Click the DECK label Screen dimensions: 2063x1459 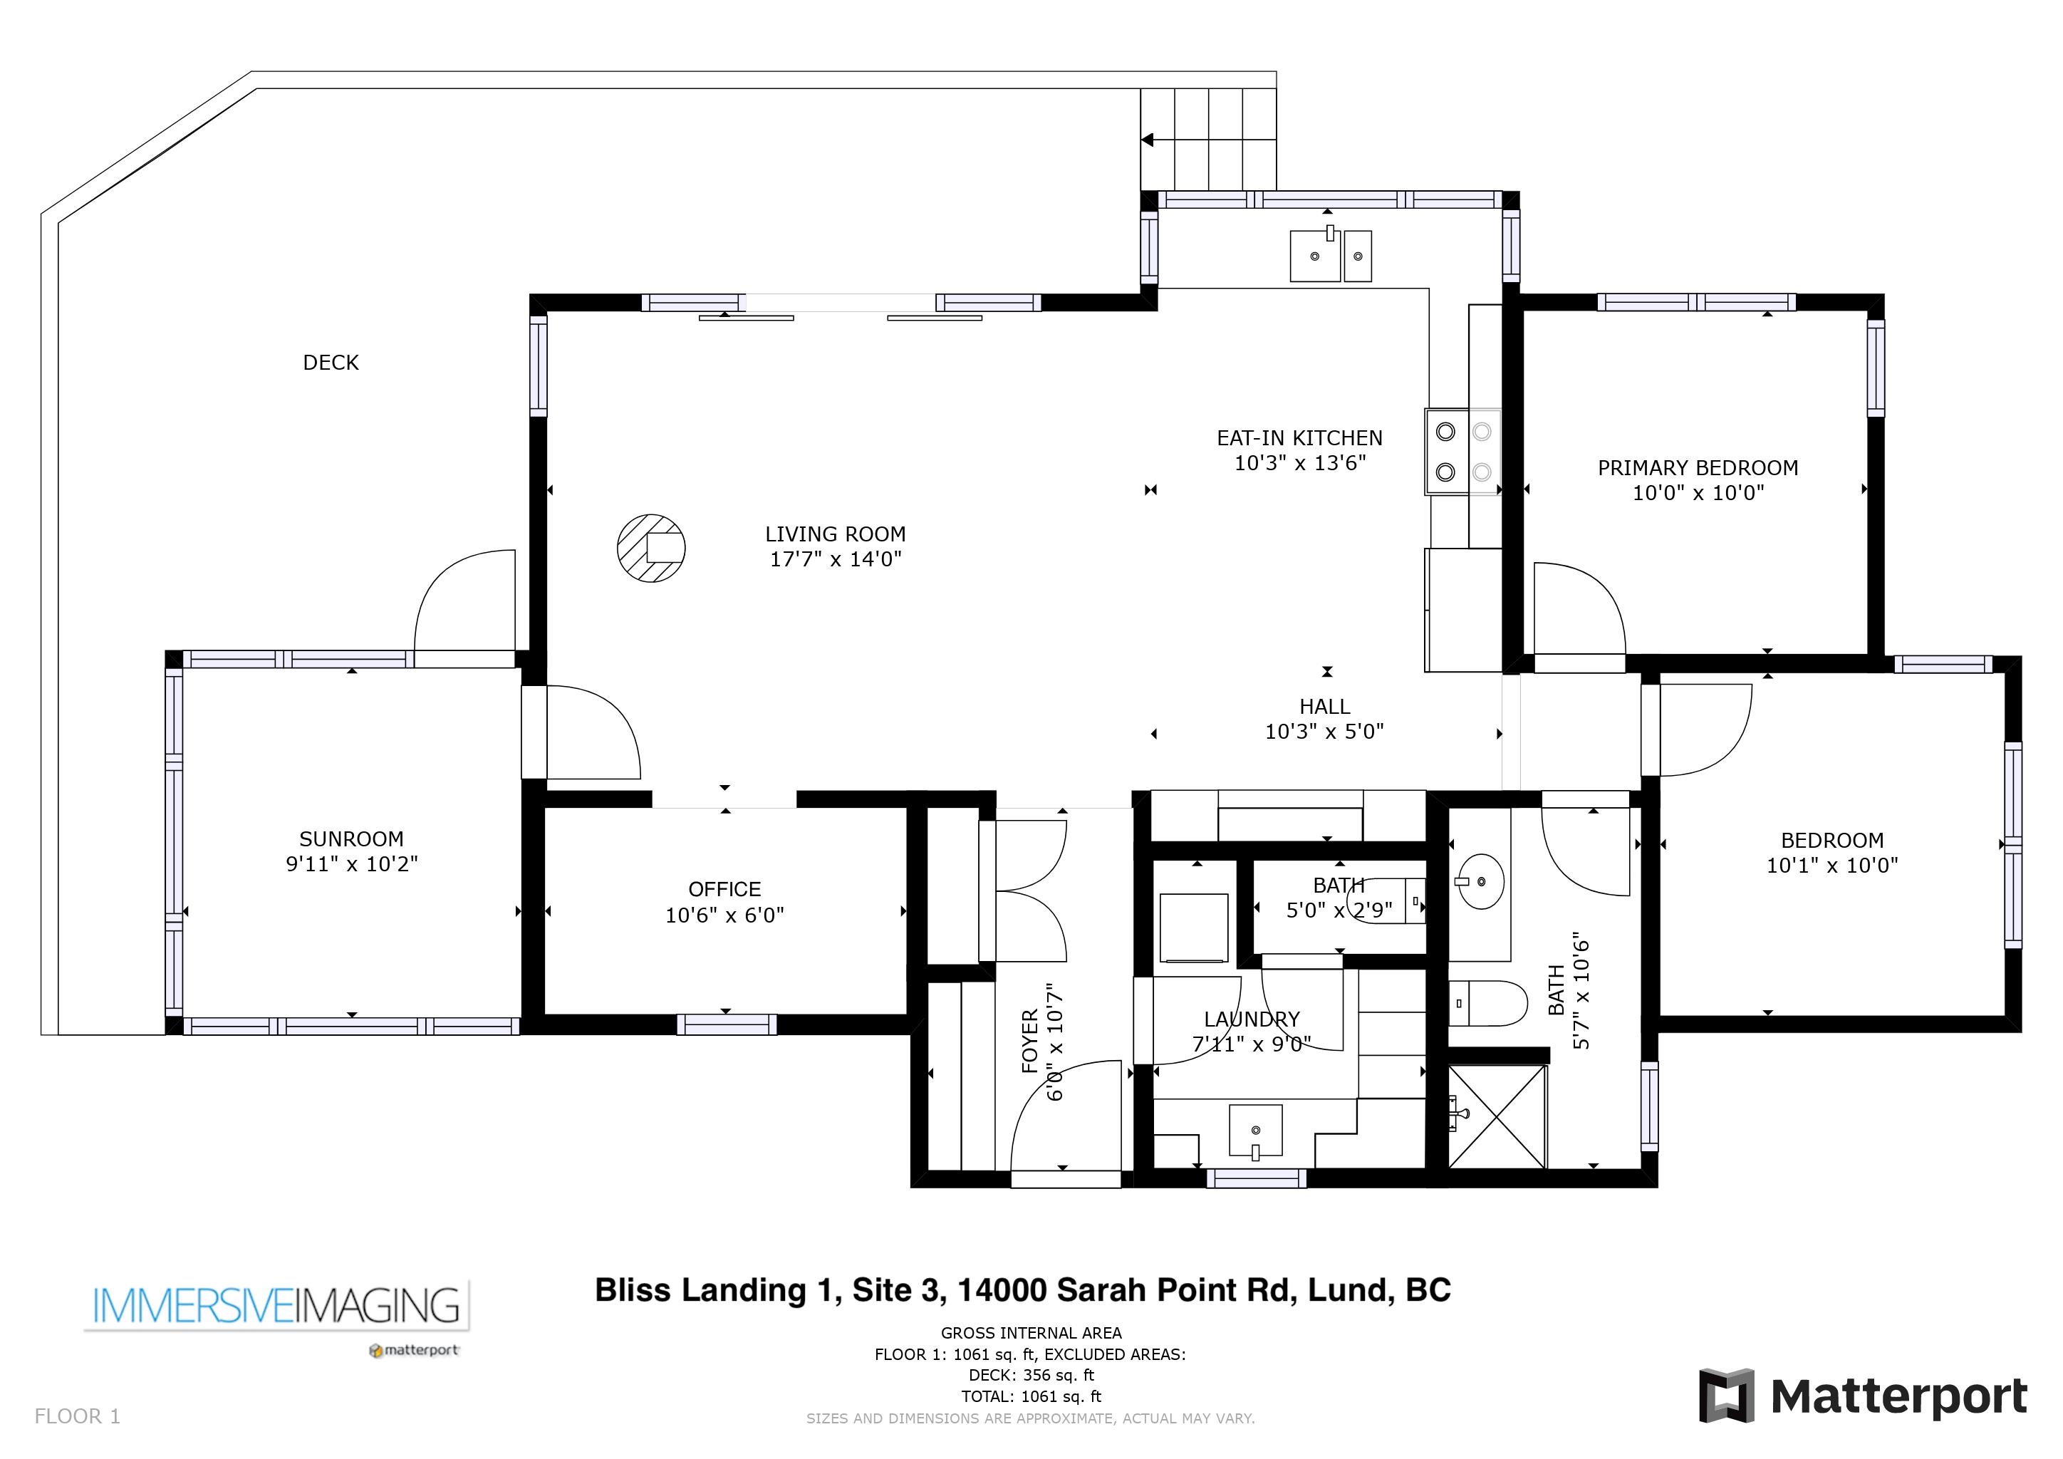point(331,362)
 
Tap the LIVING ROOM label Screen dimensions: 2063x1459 point(835,534)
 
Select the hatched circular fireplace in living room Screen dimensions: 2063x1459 point(651,548)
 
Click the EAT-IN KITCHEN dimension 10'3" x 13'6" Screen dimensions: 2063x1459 point(1299,462)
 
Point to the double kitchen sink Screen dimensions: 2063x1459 point(1331,254)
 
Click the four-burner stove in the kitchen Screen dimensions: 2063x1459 point(1462,452)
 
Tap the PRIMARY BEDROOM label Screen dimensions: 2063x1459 point(1698,467)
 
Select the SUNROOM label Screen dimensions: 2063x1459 point(351,838)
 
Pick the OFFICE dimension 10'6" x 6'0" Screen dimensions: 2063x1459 point(724,915)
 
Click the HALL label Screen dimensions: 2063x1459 point(1324,706)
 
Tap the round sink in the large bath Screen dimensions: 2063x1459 point(1479,881)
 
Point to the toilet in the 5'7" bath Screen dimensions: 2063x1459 point(1488,1002)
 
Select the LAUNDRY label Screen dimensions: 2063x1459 point(1252,1019)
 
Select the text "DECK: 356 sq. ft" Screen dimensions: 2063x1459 point(1031,1374)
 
